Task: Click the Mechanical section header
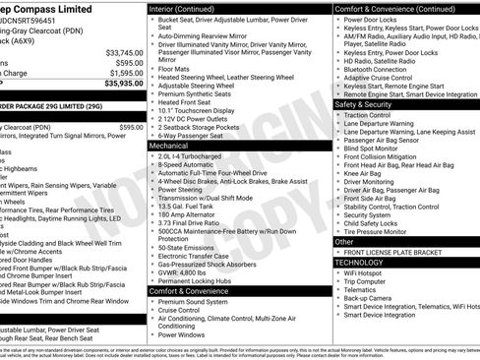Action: pos(169,145)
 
